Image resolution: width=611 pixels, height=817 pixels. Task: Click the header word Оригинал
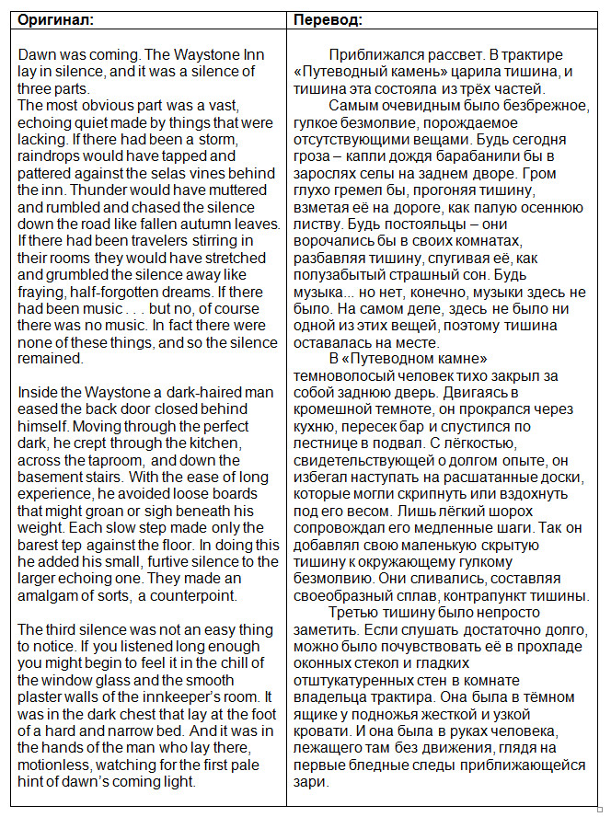55,18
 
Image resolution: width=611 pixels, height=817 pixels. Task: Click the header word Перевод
328,18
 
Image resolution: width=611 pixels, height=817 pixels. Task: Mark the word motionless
57,765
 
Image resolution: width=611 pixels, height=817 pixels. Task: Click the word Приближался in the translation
375,55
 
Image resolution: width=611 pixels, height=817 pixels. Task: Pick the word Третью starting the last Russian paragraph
352,614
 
